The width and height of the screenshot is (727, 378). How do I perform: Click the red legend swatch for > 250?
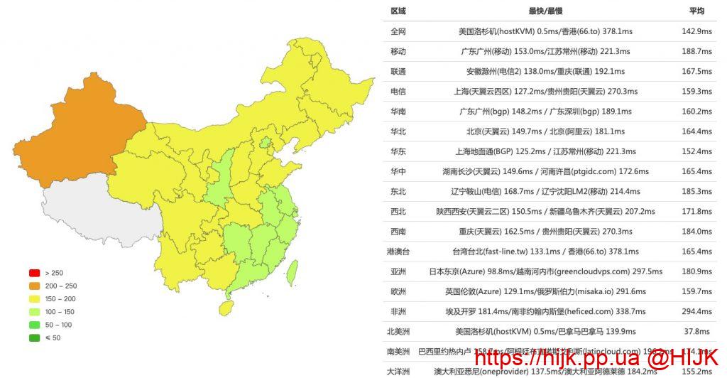point(34,273)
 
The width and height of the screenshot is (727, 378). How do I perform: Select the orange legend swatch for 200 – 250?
point(34,286)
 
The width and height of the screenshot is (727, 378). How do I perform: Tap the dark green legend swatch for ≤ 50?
point(34,337)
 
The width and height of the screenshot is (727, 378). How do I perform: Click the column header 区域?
point(398,11)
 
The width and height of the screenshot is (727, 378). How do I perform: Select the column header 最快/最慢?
point(545,11)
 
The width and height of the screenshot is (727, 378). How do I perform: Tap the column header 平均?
point(696,11)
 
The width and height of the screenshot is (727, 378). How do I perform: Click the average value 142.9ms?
point(696,31)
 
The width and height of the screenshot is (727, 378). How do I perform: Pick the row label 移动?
point(398,51)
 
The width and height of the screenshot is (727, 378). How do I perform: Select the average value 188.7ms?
point(696,51)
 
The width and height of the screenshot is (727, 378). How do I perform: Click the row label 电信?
point(398,92)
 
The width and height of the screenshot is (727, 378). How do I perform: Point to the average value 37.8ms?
point(696,331)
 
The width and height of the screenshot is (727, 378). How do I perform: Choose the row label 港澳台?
point(398,252)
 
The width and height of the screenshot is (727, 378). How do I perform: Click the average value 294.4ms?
point(696,311)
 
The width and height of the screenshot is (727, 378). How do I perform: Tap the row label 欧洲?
point(398,291)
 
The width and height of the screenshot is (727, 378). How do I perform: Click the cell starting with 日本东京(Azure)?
point(545,271)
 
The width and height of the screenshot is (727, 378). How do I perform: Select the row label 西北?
point(398,212)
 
